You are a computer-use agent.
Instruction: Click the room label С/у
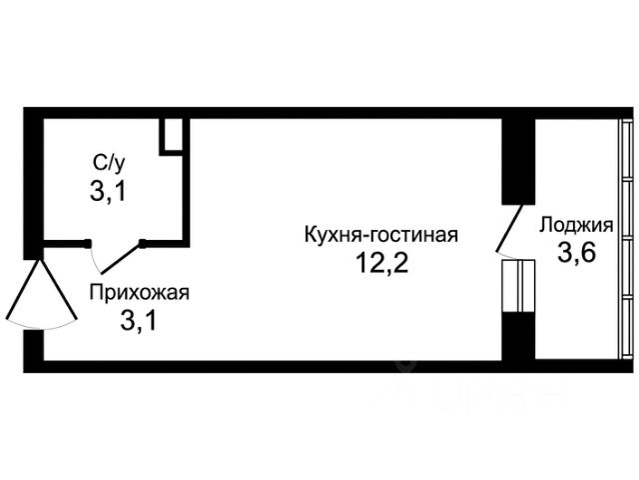click(109, 163)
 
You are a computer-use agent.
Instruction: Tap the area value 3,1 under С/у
click(108, 191)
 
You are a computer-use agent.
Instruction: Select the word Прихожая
click(140, 293)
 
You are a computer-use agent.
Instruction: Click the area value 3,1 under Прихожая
click(138, 320)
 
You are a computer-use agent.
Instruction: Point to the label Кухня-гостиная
click(381, 235)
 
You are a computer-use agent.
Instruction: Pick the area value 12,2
click(381, 262)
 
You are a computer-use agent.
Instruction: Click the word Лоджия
click(576, 225)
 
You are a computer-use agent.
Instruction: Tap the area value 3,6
click(577, 253)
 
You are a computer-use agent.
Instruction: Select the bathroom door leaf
click(121, 258)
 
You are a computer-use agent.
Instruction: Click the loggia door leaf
click(509, 228)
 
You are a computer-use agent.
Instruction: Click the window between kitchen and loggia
click(518, 286)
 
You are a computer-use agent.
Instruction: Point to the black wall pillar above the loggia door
click(518, 161)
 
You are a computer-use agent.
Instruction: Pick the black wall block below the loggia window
click(518, 336)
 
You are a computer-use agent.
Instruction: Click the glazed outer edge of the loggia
click(627, 240)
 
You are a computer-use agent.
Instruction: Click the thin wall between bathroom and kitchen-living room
click(186, 182)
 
